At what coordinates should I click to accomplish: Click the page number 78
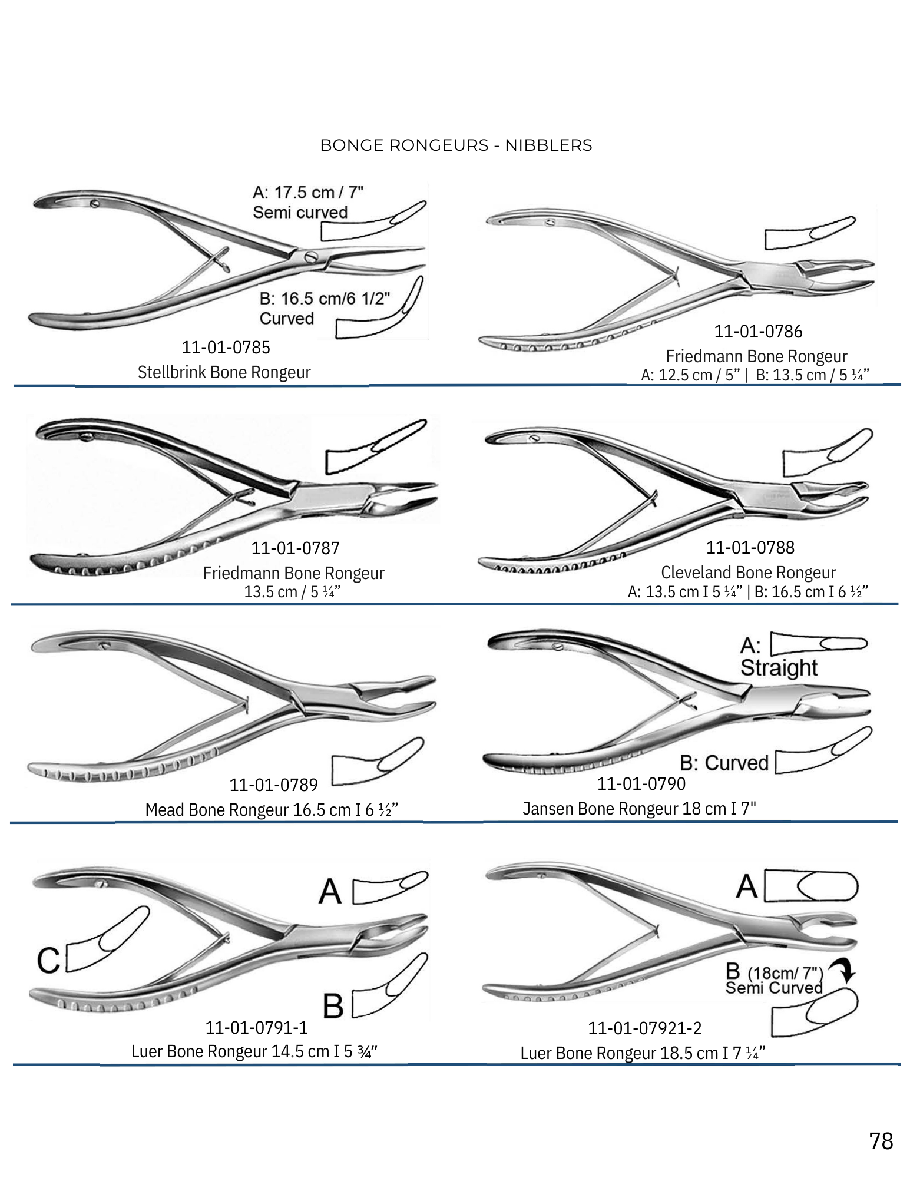[x=881, y=1141]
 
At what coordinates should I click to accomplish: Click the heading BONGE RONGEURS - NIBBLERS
[x=456, y=145]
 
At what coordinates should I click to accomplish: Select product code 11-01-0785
[x=226, y=348]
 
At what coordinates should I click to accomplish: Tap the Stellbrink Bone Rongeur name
[x=224, y=372]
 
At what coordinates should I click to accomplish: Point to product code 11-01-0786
[x=758, y=332]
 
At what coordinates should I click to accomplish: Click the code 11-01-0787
[x=295, y=548]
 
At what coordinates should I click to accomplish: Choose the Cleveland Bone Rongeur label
[x=748, y=573]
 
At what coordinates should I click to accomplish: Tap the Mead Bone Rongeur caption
[x=272, y=810]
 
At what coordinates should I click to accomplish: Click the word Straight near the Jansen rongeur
[x=779, y=668]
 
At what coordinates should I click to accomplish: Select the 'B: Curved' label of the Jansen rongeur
[x=724, y=763]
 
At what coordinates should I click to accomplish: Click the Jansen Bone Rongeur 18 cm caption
[x=639, y=809]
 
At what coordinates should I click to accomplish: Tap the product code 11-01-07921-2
[x=644, y=1028]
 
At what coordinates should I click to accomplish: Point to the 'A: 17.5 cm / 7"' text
[x=307, y=193]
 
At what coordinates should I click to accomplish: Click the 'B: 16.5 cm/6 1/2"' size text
[x=325, y=299]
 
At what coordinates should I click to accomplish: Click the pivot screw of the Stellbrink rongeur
[x=310, y=256]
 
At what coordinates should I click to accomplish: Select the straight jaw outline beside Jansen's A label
[x=819, y=644]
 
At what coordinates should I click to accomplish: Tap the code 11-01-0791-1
[x=256, y=1028]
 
